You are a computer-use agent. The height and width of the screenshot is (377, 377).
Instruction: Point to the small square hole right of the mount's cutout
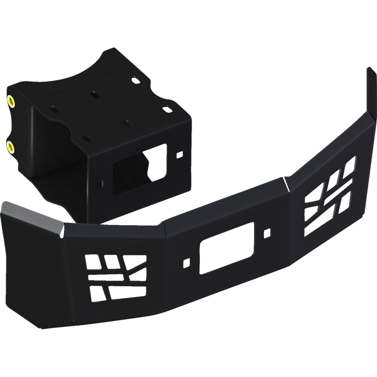[x=179, y=155]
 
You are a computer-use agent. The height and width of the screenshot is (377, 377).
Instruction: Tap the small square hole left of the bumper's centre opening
[x=187, y=261]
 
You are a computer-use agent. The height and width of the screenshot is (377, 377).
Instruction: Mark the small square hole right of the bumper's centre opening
[x=267, y=232]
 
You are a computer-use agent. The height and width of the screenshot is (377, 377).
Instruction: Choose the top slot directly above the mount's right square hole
[x=167, y=108]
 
